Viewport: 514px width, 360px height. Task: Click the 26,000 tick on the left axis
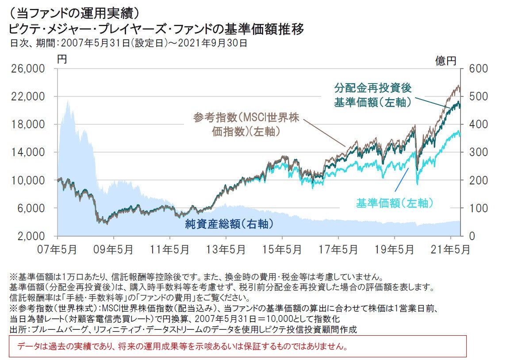point(27,69)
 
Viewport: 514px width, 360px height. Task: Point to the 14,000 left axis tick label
point(27,152)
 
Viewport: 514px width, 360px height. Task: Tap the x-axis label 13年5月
point(226,249)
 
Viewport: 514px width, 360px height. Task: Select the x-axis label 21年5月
point(450,249)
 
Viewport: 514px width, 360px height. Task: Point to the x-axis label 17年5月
point(338,249)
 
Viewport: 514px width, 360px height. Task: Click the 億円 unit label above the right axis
point(446,61)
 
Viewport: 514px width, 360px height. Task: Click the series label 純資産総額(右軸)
point(229,224)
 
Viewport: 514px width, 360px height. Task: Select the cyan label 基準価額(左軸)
point(394,203)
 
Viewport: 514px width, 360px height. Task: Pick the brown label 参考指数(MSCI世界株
point(246,118)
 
